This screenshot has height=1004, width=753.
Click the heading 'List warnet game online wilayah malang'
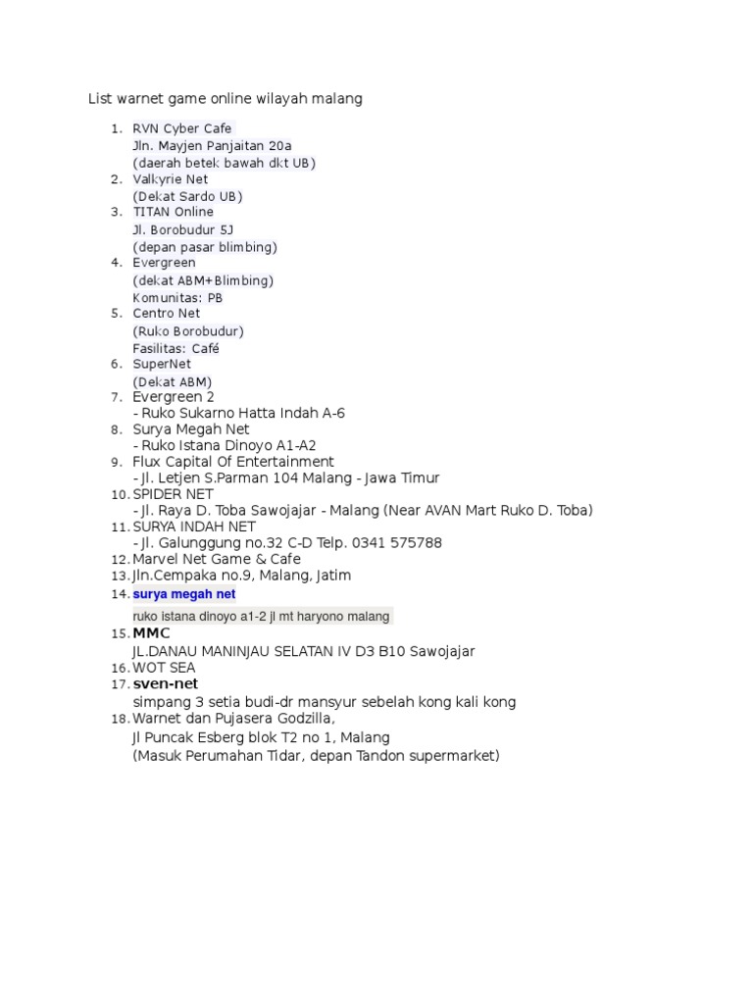point(226,99)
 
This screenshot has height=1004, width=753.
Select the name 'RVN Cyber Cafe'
point(181,128)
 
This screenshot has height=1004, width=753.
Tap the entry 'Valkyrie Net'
point(171,179)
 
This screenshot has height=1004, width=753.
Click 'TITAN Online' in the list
point(173,212)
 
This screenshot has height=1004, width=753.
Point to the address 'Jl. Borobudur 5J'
point(183,229)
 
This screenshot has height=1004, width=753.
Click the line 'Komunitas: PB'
point(177,297)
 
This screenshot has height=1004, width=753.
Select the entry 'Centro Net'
point(166,314)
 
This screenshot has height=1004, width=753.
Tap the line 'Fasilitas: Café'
point(176,348)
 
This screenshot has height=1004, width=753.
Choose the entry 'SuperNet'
point(162,365)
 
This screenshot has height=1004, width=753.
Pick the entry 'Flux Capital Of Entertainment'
point(233,462)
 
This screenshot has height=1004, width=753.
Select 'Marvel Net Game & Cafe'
point(217,559)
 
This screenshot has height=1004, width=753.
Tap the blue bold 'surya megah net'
point(184,594)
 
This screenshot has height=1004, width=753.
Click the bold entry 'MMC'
point(151,633)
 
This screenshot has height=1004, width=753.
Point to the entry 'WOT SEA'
point(164,668)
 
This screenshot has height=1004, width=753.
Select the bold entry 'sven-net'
point(159,683)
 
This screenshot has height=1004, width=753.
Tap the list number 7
point(116,397)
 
